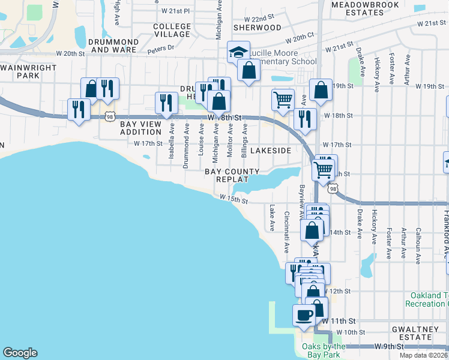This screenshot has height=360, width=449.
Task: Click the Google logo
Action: (x=20, y=353)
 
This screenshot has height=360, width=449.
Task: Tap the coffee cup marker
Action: (x=304, y=314)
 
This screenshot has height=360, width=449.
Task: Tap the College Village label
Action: (x=172, y=31)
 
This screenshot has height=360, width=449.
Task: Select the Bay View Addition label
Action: (x=145, y=128)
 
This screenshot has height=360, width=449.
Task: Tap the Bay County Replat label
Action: (x=227, y=175)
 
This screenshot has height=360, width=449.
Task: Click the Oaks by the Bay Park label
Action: (x=324, y=350)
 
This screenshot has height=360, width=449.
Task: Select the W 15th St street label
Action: (x=234, y=199)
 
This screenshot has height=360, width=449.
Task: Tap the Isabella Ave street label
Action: (x=172, y=141)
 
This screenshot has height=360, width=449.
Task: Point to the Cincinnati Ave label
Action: (x=286, y=232)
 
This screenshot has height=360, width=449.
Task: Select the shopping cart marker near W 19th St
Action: (x=283, y=99)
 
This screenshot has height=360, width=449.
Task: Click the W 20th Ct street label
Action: (x=300, y=38)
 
